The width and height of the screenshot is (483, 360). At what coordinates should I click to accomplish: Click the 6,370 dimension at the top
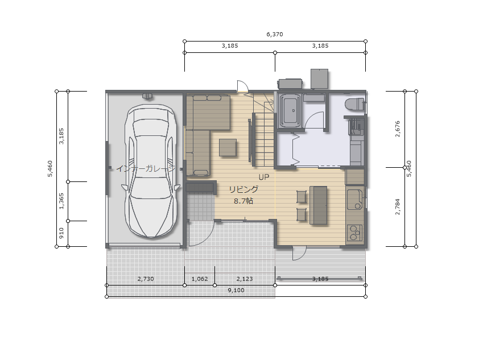pos(274,34)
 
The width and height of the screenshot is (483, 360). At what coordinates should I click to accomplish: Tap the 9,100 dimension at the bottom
pos(236,290)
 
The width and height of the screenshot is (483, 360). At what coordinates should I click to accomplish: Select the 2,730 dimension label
pos(146,279)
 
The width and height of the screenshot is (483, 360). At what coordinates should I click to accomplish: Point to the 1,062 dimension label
pos(200,279)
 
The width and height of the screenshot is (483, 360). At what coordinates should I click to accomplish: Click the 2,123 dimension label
pos(245,279)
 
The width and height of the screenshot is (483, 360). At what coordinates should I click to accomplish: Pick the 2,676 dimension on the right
pos(397,129)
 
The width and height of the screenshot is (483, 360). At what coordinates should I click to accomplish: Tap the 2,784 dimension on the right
pos(397,206)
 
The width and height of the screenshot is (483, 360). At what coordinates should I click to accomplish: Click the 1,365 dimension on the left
pos(61,201)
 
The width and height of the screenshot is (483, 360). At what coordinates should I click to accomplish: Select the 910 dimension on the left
pos(61,233)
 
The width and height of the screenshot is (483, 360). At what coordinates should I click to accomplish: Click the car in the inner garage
pos(151,171)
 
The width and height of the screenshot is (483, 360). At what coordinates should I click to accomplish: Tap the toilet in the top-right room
pos(354,104)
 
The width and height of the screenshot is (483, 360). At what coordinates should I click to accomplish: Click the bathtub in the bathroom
pos(290,110)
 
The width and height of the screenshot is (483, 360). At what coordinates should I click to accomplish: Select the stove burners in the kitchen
pos(355,232)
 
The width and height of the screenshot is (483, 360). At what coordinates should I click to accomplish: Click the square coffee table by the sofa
pos(228,147)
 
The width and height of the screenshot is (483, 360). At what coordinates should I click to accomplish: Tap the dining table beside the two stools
pos(318,205)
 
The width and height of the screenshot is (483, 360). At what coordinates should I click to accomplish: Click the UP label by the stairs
pos(263,177)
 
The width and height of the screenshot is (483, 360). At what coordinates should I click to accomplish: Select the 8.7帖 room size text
pos(243,201)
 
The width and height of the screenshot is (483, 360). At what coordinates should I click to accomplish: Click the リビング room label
pos(243,189)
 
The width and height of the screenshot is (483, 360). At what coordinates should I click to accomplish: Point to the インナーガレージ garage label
pos(146,168)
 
